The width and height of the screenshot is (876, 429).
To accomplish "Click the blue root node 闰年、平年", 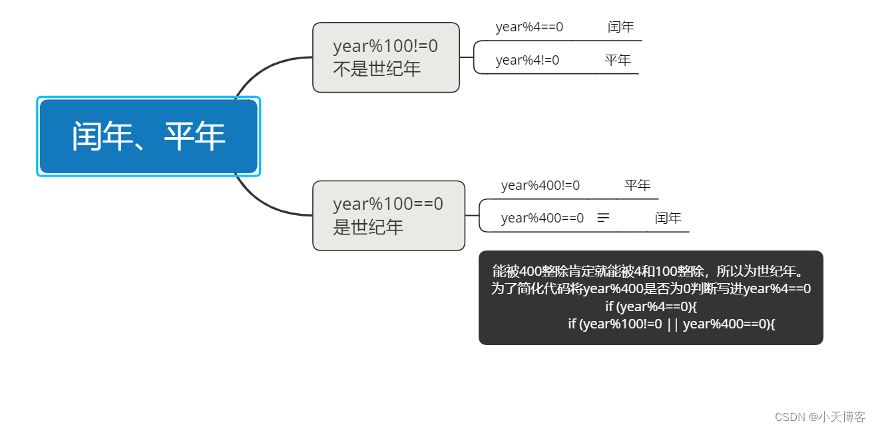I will pyautogui.click(x=148, y=137).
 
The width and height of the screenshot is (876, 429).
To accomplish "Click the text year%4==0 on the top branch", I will pyautogui.click(x=529, y=27).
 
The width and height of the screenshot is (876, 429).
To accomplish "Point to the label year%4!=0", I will pyautogui.click(x=527, y=61).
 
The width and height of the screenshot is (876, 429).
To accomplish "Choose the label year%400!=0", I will pyautogui.click(x=540, y=186).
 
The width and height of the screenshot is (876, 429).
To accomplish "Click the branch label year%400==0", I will pyautogui.click(x=542, y=218).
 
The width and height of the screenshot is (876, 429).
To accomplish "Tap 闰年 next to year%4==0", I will pyautogui.click(x=620, y=27).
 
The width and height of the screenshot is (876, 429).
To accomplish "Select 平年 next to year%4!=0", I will pyautogui.click(x=618, y=61).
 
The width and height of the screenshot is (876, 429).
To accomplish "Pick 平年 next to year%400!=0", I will pyautogui.click(x=637, y=186).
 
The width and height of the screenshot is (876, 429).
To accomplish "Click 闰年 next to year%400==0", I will pyautogui.click(x=668, y=218).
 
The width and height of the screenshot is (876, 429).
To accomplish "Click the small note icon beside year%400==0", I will pyautogui.click(x=603, y=218).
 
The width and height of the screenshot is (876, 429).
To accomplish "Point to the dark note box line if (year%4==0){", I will pyautogui.click(x=650, y=306).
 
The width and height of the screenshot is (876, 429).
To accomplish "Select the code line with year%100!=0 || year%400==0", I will pyautogui.click(x=671, y=324).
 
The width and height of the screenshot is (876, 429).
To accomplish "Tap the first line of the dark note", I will pyautogui.click(x=650, y=272).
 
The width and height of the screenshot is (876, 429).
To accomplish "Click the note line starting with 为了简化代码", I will pyautogui.click(x=650, y=289).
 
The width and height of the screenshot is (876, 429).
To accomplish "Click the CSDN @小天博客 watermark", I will pyautogui.click(x=819, y=417).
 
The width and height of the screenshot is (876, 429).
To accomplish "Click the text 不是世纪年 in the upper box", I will pyautogui.click(x=376, y=69).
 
